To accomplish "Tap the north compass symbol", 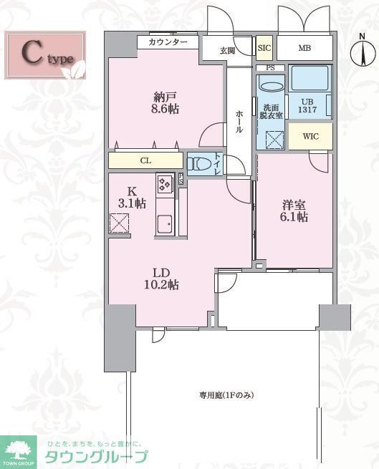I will [360, 52].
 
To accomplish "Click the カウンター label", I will [168, 42].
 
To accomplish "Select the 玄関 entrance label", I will [227, 50].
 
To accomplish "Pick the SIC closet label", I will [264, 49].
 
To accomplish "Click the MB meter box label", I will [304, 49].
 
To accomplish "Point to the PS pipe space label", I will [270, 69].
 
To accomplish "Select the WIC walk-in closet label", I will [310, 135].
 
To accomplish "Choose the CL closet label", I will [145, 161].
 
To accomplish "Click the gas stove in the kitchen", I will [165, 185].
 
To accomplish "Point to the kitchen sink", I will [164, 223].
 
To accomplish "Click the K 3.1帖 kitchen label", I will [133, 198].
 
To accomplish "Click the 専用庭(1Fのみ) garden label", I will [227, 395].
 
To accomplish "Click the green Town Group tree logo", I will [19, 449].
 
